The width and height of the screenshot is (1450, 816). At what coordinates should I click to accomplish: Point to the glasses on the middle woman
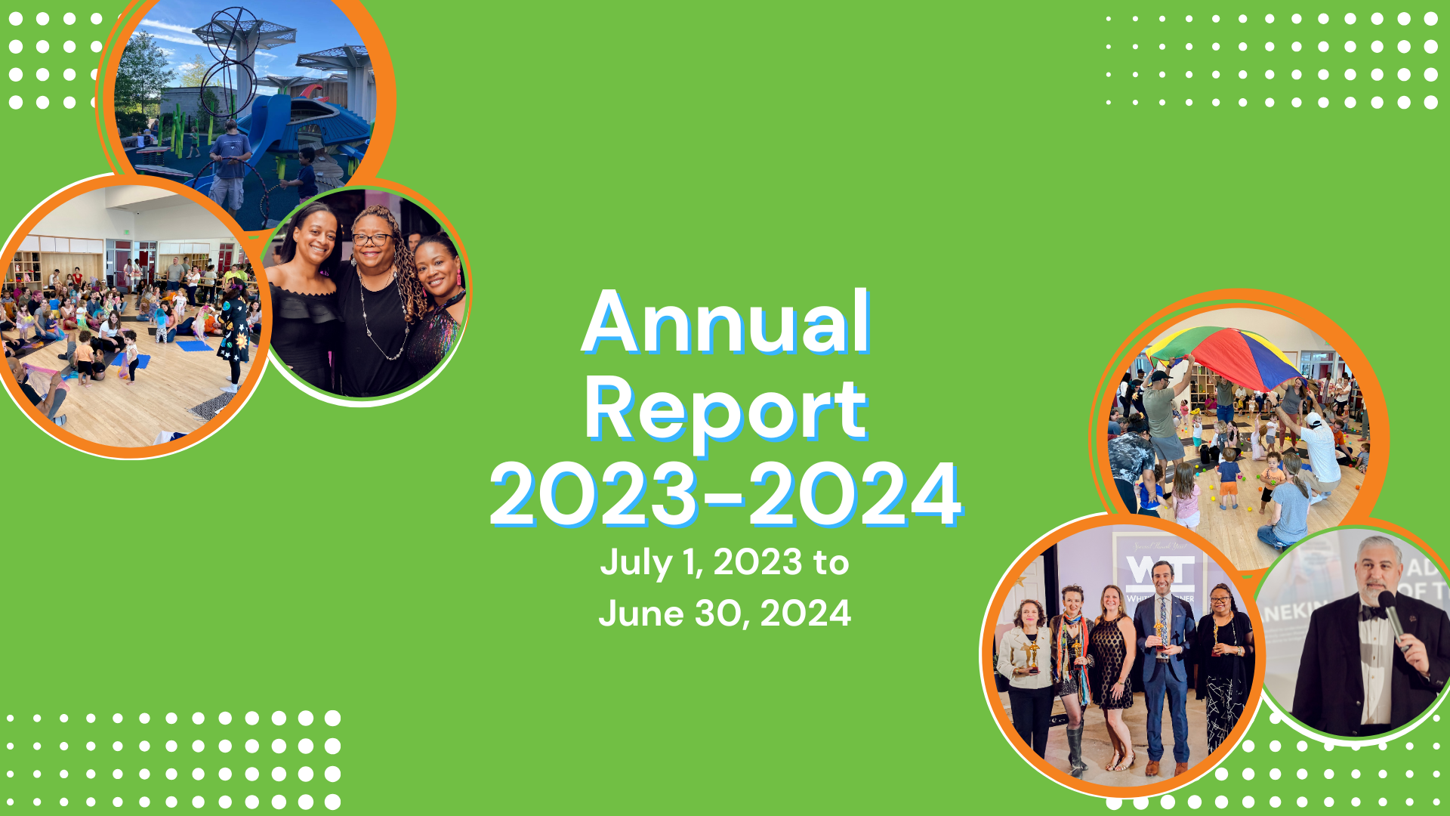372,240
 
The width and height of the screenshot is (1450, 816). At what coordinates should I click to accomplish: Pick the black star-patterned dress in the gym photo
235,332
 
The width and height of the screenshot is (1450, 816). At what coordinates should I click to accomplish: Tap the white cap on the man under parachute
1313,420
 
